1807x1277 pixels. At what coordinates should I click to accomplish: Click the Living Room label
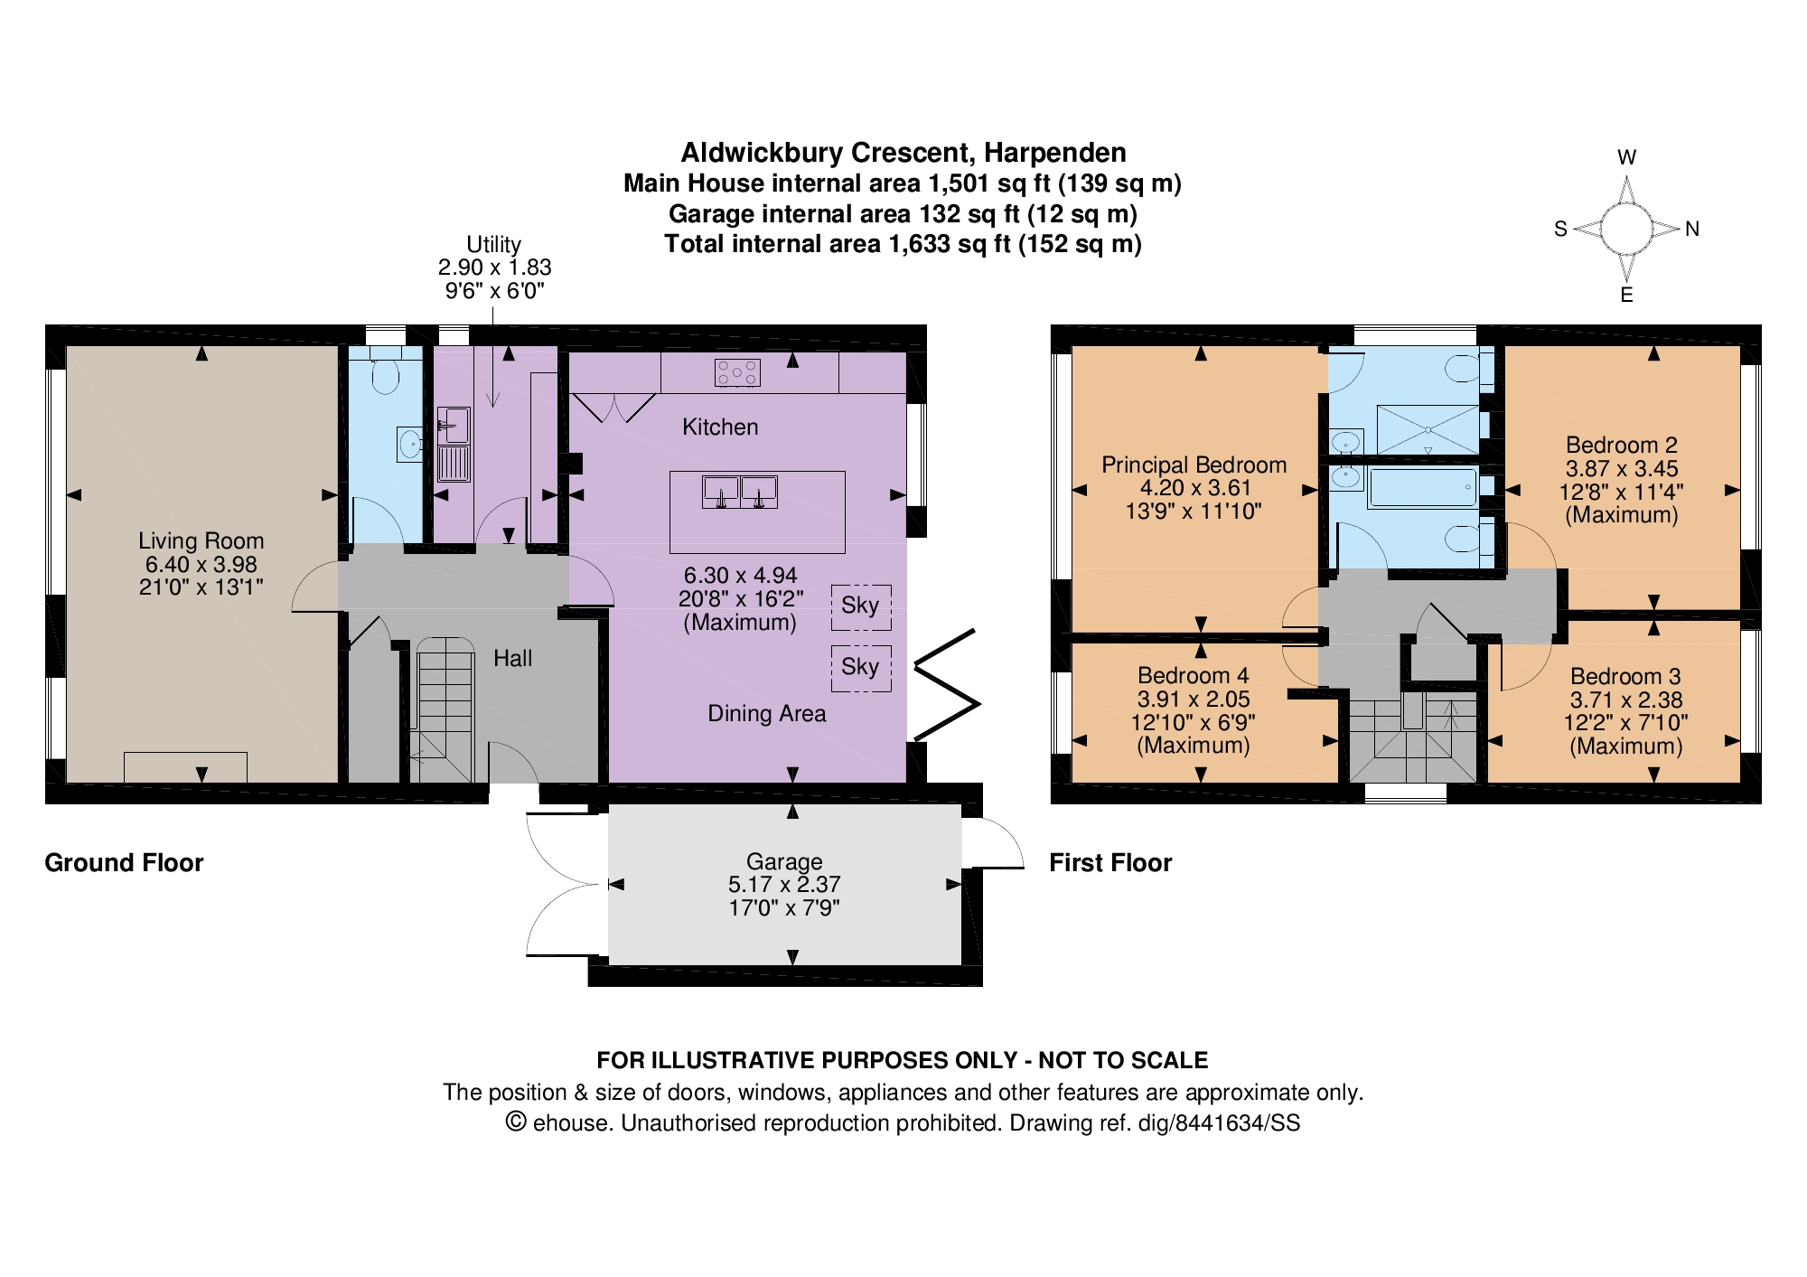click(x=201, y=541)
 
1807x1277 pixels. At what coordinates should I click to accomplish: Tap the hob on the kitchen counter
click(x=737, y=372)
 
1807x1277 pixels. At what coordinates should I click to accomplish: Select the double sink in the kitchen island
click(x=740, y=493)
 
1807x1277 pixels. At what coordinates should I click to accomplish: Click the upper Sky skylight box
click(x=860, y=606)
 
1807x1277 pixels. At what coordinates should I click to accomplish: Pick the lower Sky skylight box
click(x=860, y=668)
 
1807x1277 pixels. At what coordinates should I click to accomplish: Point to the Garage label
click(x=784, y=861)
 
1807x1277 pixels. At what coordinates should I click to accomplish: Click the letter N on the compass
click(x=1692, y=230)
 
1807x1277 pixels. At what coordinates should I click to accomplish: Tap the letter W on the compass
click(x=1626, y=157)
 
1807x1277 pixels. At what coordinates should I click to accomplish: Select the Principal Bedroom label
click(x=1194, y=465)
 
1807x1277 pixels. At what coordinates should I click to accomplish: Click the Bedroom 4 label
click(x=1193, y=676)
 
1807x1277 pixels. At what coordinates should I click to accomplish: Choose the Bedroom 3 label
click(x=1625, y=677)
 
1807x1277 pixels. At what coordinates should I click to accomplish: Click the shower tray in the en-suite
click(x=1428, y=429)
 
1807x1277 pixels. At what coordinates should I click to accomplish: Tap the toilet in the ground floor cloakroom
click(x=386, y=376)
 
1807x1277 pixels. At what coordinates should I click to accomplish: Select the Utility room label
click(x=493, y=245)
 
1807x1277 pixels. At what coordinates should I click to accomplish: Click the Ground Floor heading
click(x=124, y=863)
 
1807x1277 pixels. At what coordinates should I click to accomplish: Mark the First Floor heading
click(x=1109, y=863)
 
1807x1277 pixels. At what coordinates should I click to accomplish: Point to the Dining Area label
click(x=766, y=714)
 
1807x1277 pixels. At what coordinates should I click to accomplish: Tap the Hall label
click(x=512, y=659)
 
